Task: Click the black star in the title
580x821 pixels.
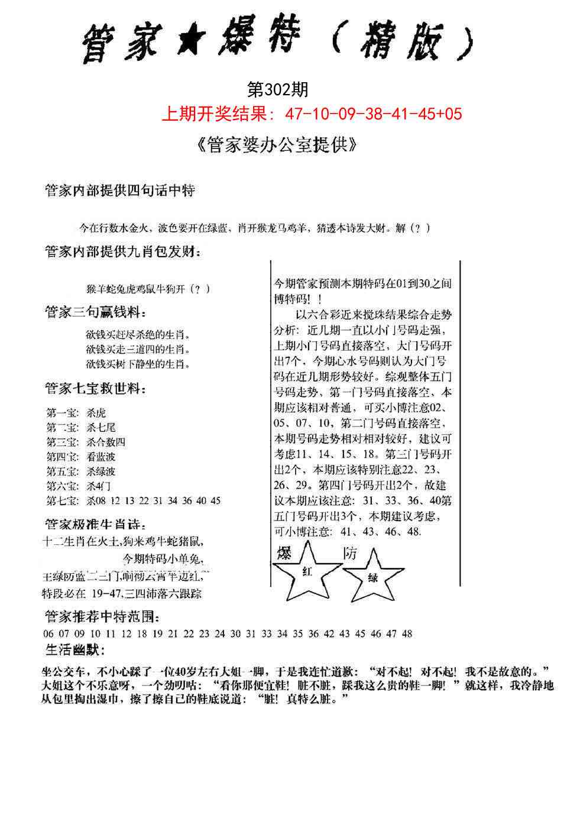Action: point(189,43)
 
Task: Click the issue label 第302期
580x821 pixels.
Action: point(277,90)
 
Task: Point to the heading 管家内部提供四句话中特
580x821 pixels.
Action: point(120,191)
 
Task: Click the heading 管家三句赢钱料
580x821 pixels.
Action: point(96,312)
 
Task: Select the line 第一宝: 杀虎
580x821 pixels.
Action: point(76,413)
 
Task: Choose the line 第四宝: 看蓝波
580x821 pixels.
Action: point(81,457)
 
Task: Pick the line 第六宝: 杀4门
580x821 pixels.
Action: point(79,486)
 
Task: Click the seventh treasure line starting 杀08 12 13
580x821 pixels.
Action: point(153,501)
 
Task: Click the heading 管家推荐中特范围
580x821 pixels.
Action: point(102,618)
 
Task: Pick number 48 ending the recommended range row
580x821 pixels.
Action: point(407,634)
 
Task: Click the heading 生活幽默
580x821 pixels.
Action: point(75,651)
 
